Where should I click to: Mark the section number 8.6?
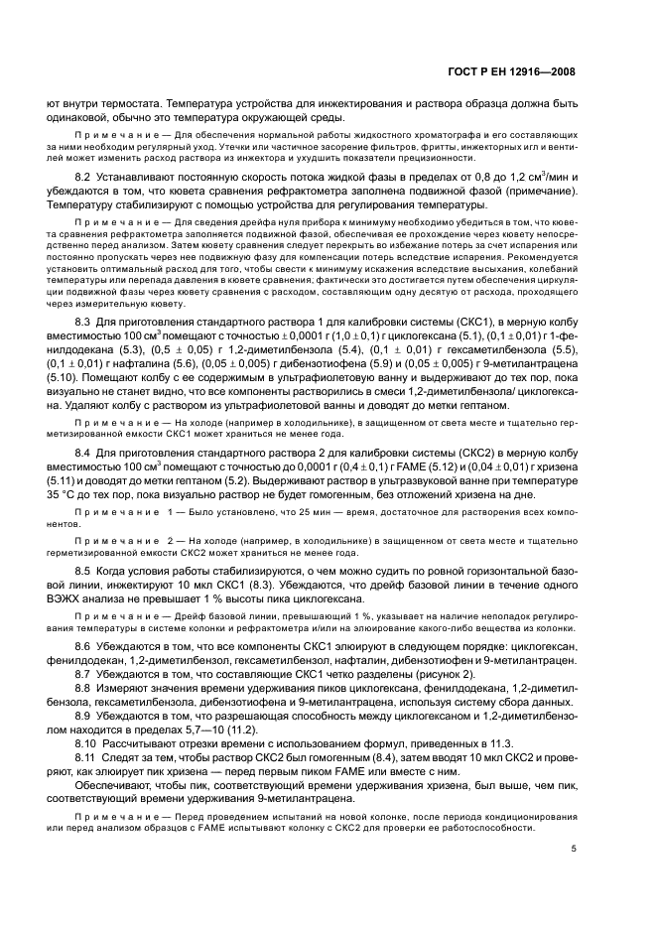pos(84,645)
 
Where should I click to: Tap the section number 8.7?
pos(84,674)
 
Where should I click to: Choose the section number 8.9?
pos(84,715)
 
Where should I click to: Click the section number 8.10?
pos(87,742)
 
